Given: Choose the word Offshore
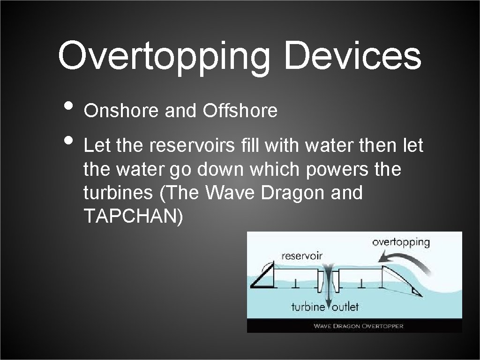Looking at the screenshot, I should pyautogui.click(x=240, y=111).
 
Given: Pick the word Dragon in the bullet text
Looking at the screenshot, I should pyautogui.click(x=288, y=193).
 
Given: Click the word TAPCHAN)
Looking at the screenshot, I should pyautogui.click(x=133, y=216).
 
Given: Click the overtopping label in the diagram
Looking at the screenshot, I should pyautogui.click(x=401, y=242).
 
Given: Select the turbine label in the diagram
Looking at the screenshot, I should pyautogui.click(x=308, y=307).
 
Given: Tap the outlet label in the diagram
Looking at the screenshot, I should pyautogui.click(x=345, y=307).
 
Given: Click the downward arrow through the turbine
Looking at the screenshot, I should pyautogui.click(x=328, y=286).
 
